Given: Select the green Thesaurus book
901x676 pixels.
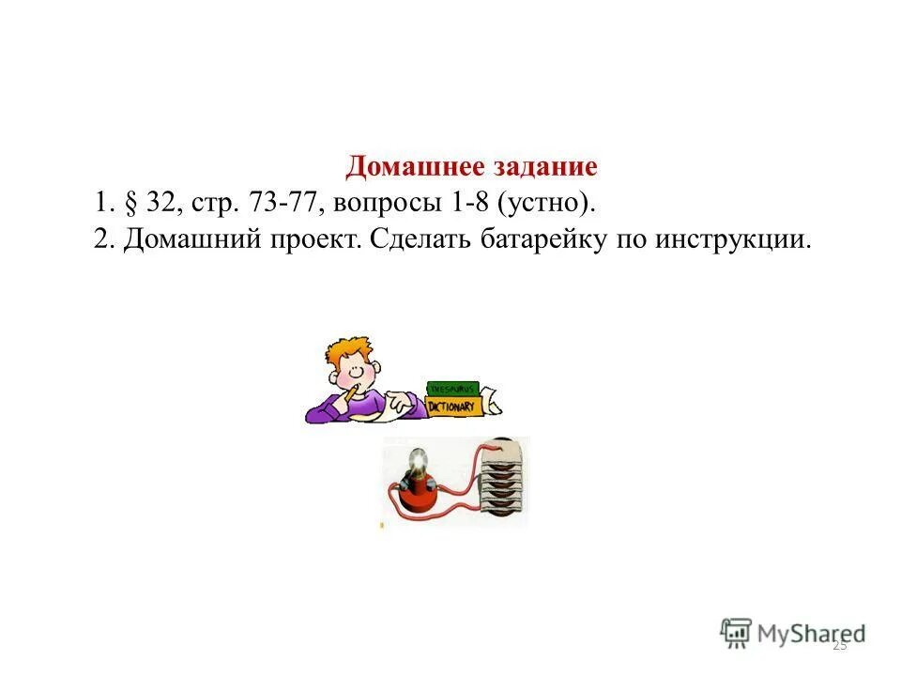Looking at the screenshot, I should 452,387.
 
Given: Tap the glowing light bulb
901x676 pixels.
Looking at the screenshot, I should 418,462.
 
